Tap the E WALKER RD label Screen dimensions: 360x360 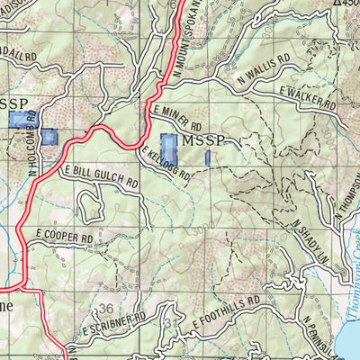[x=307, y=101]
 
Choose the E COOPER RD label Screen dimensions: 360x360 [x=65, y=237]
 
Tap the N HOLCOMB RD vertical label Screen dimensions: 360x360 [x=32, y=141]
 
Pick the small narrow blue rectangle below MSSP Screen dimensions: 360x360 [x=208, y=158]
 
